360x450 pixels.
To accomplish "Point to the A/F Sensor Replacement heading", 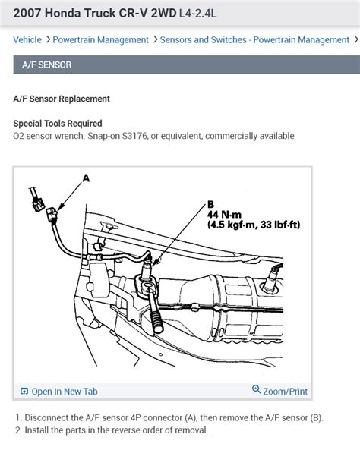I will [x=62, y=99].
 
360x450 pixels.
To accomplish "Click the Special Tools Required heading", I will [x=58, y=123].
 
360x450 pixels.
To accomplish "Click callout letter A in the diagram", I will [x=86, y=179].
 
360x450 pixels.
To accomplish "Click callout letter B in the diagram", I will [x=211, y=204].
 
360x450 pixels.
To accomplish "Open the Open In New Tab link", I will [x=65, y=392].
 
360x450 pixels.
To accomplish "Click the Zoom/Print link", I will [x=286, y=392].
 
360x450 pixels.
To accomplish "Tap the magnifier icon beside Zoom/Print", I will [x=256, y=391].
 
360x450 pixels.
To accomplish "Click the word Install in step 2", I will [x=36, y=430].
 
